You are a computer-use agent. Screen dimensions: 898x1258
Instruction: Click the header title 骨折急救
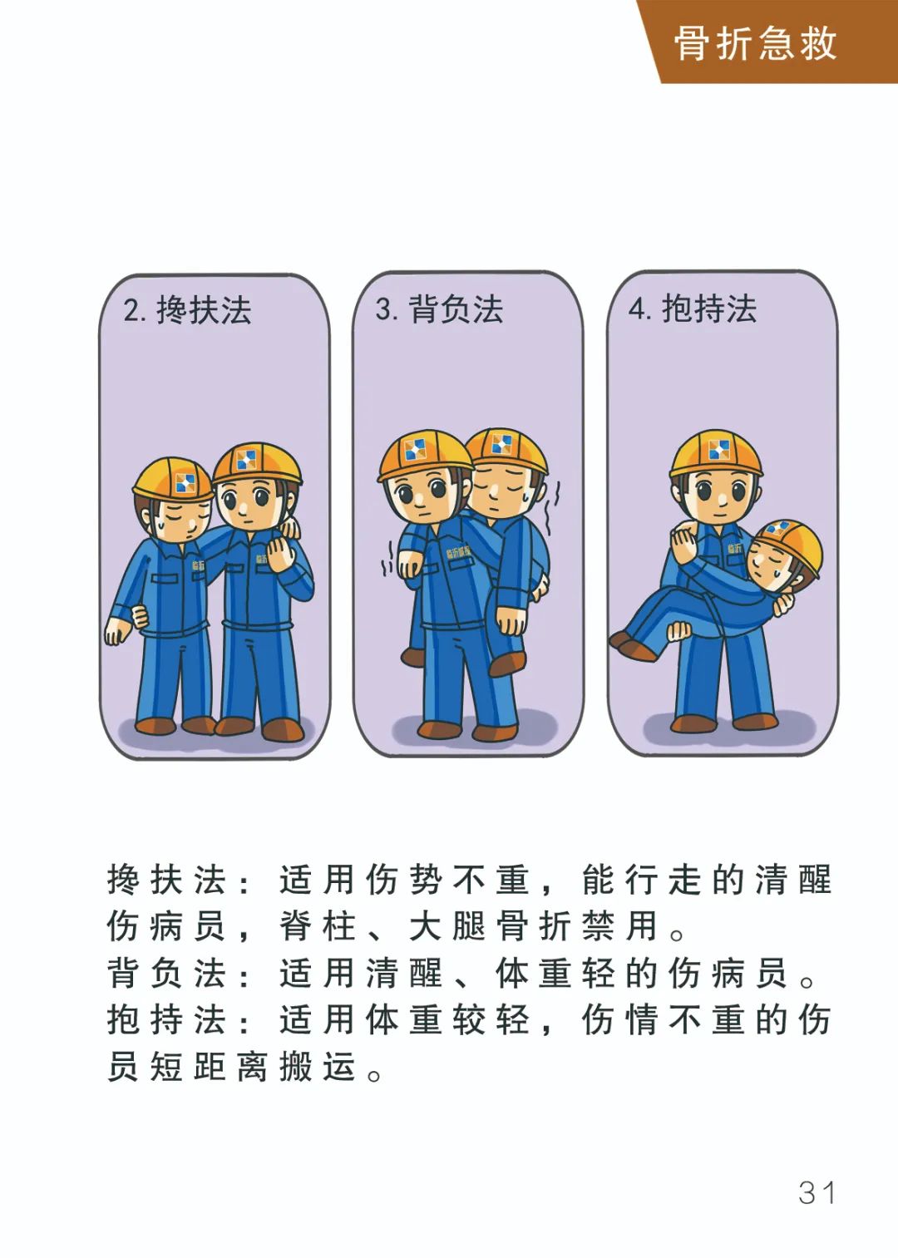[x=755, y=43]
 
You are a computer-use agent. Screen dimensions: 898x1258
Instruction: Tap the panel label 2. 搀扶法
[x=187, y=310]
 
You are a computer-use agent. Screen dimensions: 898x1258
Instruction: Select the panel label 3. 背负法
[x=439, y=308]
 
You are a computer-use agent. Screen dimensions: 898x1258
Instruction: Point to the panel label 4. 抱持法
[x=693, y=308]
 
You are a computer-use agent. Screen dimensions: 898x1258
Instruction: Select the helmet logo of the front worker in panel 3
[x=415, y=449]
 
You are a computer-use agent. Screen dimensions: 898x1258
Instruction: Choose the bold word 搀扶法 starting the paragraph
[x=166, y=880]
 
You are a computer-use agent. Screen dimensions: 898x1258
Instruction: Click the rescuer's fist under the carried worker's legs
[x=679, y=631]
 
